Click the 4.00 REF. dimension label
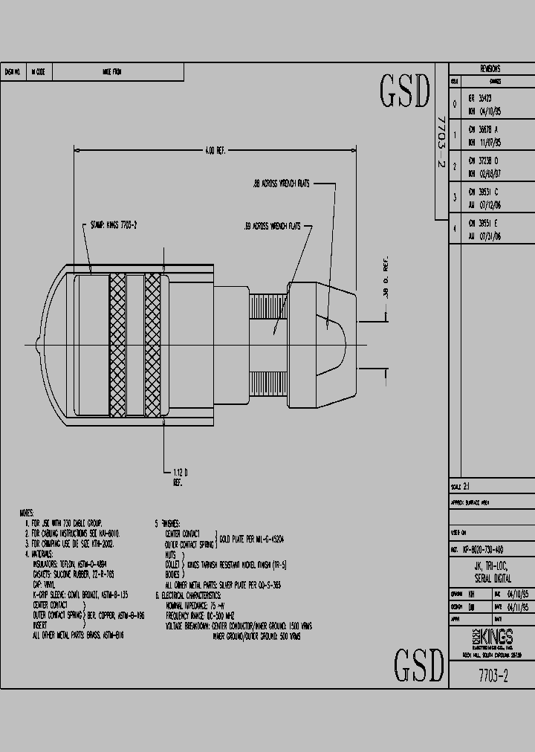point(215,150)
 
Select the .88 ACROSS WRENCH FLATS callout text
point(282,183)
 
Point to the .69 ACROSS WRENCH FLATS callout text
point(272,226)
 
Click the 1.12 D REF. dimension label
point(178,476)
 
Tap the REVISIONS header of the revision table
point(490,68)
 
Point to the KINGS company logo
point(491,638)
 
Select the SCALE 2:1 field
point(461,486)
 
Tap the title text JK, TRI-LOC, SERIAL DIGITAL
point(491,572)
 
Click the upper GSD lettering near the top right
point(405,91)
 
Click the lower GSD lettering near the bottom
point(418,665)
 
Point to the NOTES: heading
point(28,513)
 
